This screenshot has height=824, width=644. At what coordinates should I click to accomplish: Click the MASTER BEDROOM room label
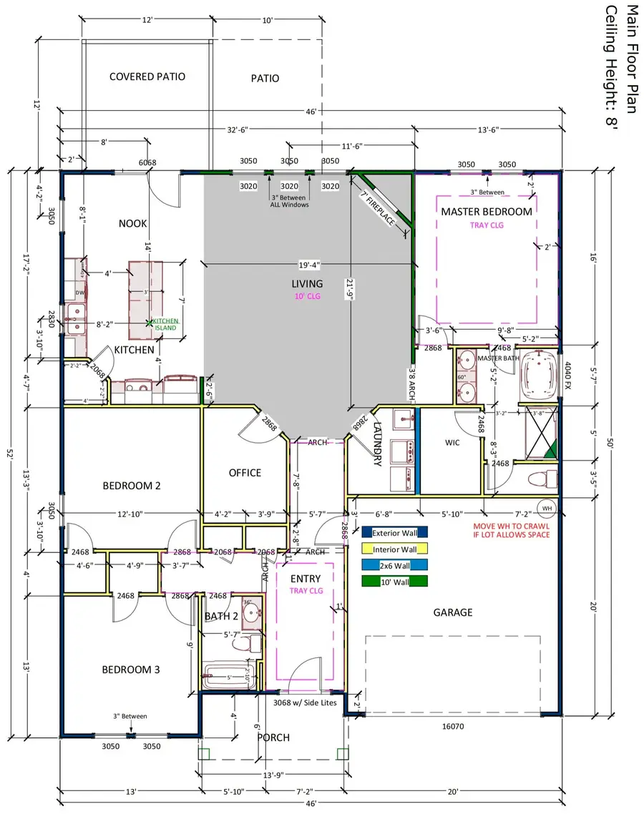[487, 211]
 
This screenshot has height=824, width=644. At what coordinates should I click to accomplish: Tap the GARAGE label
[453, 612]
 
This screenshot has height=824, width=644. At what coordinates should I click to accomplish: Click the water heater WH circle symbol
[547, 509]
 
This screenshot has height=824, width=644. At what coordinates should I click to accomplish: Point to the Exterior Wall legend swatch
[394, 532]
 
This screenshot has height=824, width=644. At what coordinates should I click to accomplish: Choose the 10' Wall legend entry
[394, 581]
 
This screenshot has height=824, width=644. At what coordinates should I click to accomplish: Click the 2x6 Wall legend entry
[394, 564]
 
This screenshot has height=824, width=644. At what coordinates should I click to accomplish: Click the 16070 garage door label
[453, 726]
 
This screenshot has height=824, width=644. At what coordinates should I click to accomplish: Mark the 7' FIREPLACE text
[377, 208]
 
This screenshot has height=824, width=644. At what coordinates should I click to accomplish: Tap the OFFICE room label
[245, 473]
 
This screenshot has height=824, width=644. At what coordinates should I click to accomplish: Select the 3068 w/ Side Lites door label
[307, 702]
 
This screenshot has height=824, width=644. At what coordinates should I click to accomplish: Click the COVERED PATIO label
[147, 77]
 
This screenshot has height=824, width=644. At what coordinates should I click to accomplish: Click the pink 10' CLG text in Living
[307, 296]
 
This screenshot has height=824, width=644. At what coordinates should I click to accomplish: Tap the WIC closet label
[452, 443]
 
